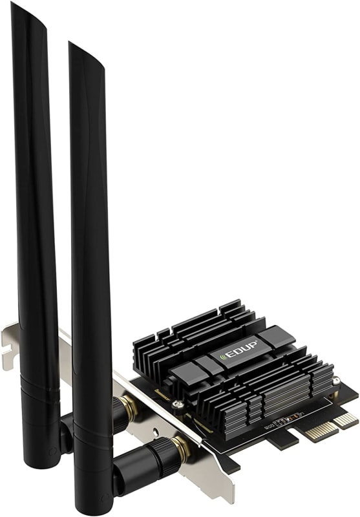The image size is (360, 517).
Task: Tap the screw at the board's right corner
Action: tap(335, 381)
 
